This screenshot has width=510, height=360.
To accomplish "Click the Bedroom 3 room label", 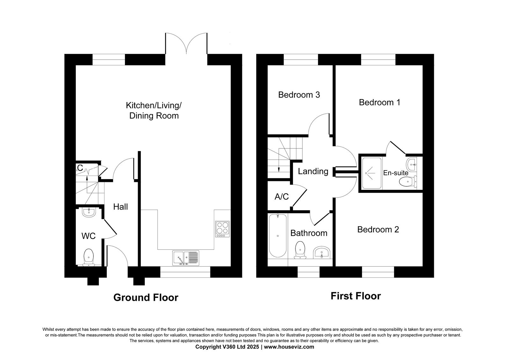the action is coord(299,95).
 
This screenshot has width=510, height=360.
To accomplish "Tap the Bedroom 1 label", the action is coord(379,102).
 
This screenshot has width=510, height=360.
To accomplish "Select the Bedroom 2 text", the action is coord(378,229).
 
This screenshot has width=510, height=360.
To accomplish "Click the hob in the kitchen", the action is coord(222,229).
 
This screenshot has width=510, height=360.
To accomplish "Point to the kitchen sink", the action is coord(186,258).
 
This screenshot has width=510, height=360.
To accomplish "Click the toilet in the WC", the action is coord(89,257).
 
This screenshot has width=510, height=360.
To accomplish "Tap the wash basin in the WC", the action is coord(89,212).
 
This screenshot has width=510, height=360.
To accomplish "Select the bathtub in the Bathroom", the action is coord(278,235).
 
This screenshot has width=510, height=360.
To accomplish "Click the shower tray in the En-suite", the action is coord(372,173).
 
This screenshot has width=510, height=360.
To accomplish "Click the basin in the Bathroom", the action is coord(322,252).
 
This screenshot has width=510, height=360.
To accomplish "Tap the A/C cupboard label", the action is coord(282,197).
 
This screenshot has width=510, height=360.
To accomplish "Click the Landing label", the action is coord(313,171).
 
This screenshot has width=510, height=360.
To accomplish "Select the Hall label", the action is coord(120,207).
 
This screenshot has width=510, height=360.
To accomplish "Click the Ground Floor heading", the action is coord(146,298).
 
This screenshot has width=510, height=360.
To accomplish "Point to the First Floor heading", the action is coord(356,296).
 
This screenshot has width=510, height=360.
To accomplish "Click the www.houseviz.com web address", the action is coord(289,347).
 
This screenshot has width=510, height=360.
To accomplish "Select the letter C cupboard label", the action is coord(80,168).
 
